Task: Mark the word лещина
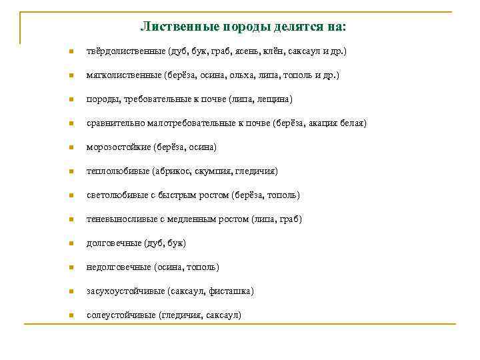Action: pos(273,99)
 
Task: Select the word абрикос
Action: pos(175,171)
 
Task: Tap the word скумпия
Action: pos(213,171)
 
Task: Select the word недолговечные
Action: pos(119,267)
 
